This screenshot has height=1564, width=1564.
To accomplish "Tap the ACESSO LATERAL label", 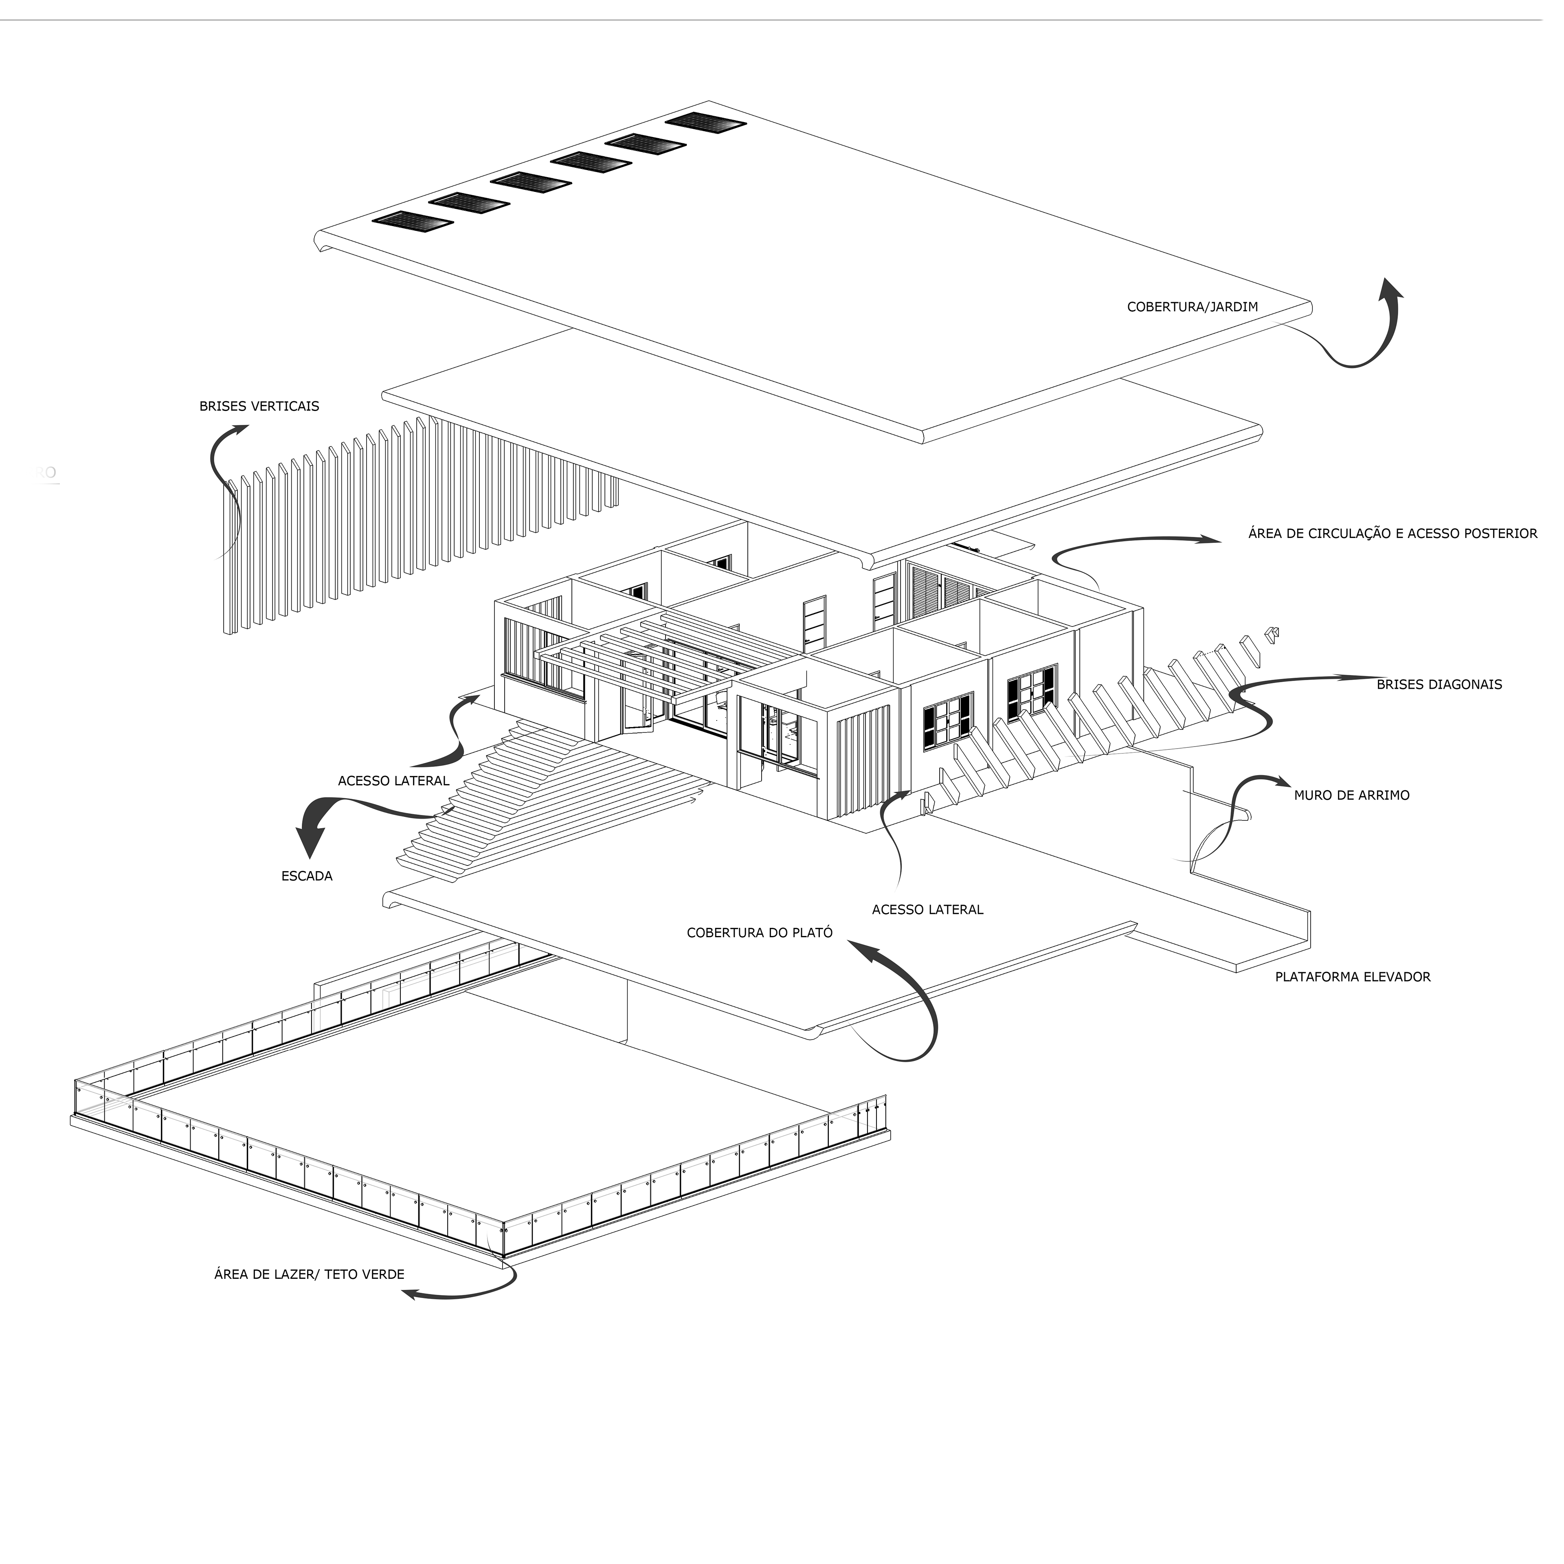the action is pos(927,909).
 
